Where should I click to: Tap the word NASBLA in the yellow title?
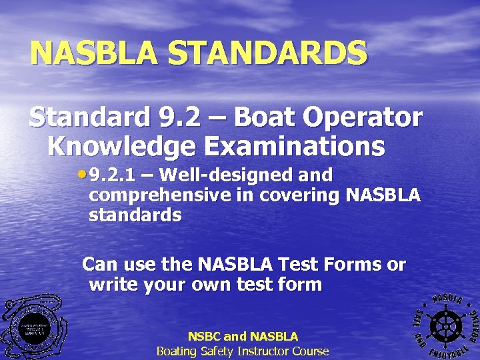94,53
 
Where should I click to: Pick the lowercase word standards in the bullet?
135,215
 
